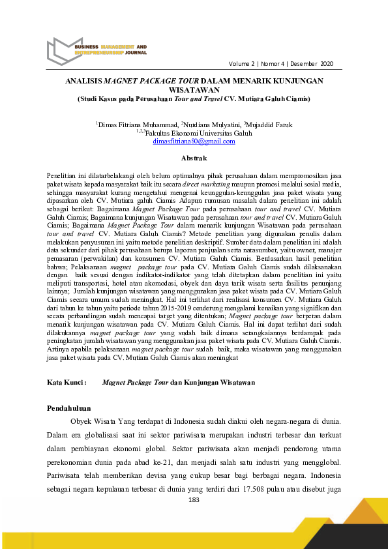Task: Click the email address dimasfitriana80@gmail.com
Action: click(194, 141)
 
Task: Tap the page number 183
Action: click(193, 499)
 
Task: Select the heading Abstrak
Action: click(194, 158)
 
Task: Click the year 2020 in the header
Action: click(327, 64)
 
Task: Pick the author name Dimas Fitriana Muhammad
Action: click(136, 124)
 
